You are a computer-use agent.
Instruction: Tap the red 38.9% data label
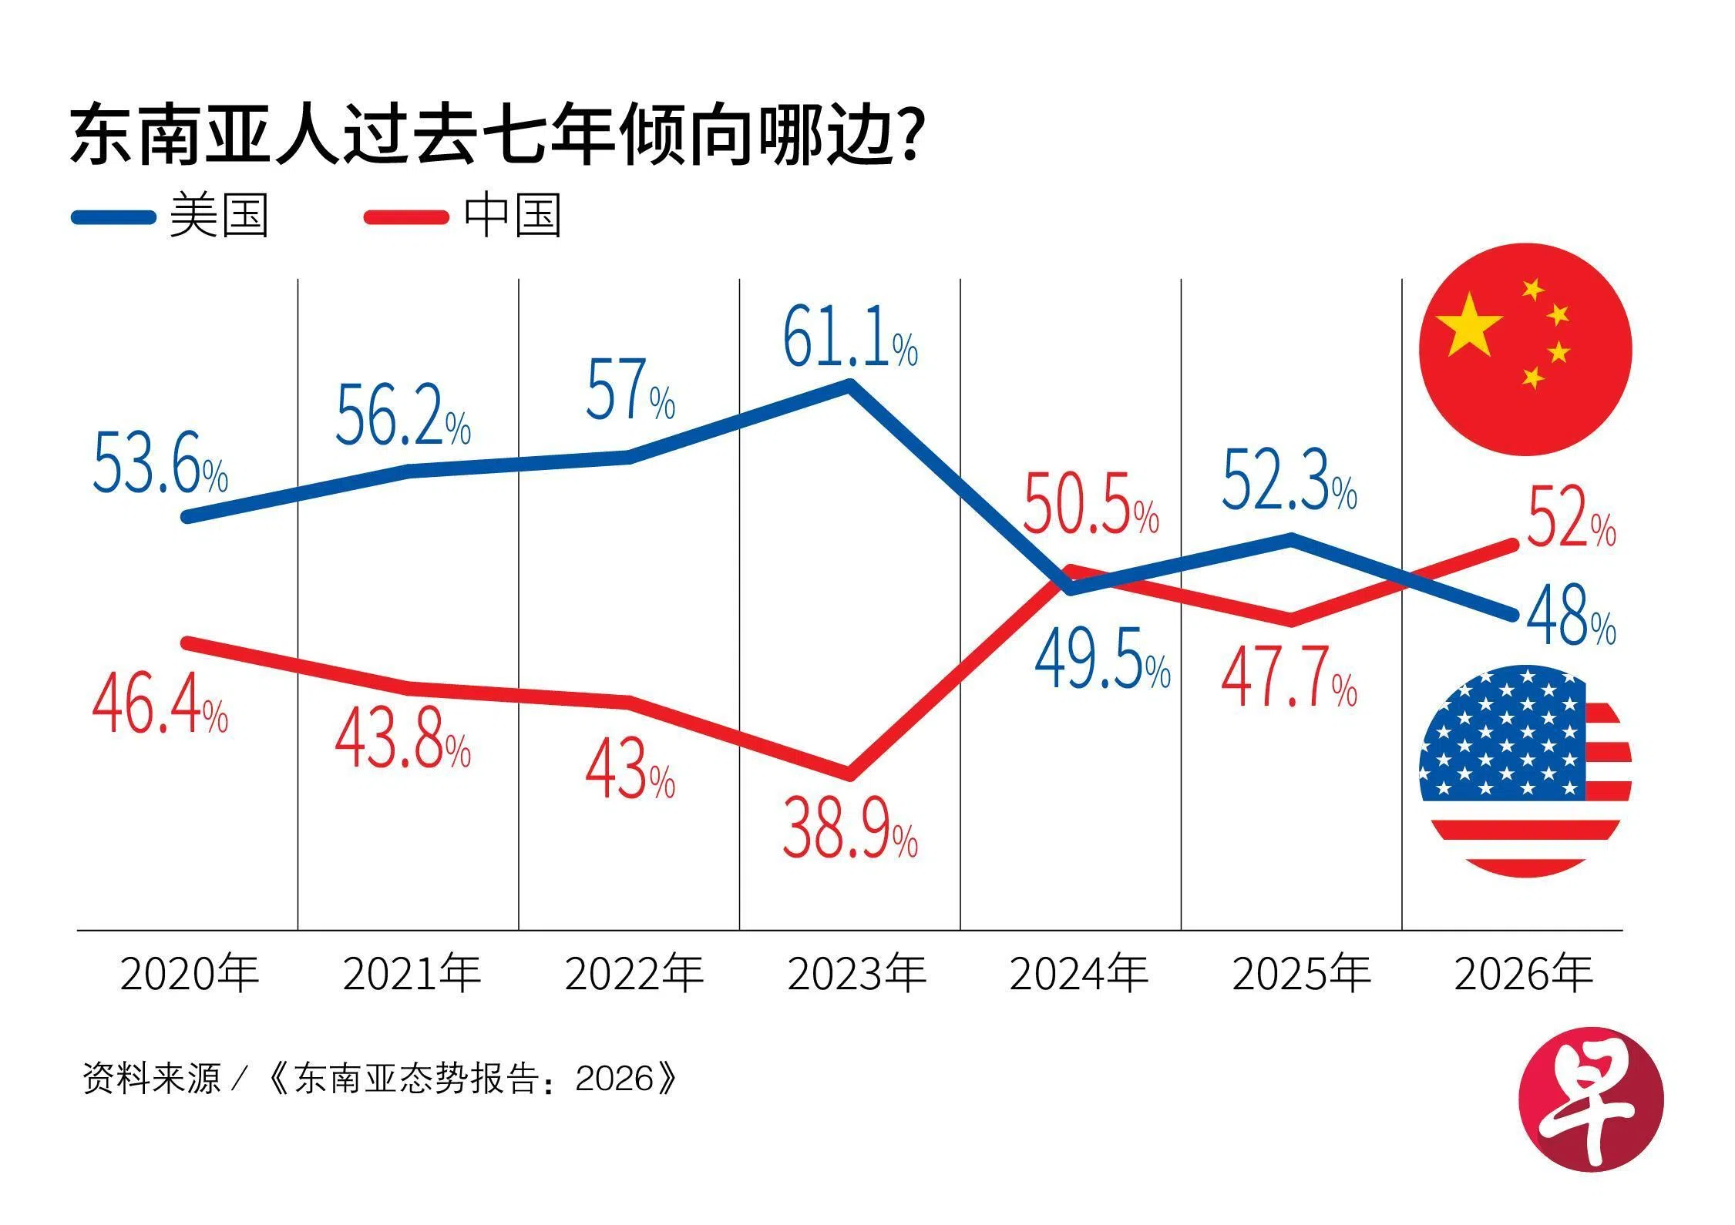(x=849, y=829)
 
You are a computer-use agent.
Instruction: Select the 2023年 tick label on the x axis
(x=856, y=974)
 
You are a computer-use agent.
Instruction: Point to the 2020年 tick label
(x=190, y=974)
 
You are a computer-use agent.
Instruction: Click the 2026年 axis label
(x=1523, y=974)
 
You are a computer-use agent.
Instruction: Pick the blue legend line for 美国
(x=113, y=217)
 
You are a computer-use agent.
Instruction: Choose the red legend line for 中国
(x=406, y=217)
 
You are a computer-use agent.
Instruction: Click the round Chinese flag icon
(x=1525, y=349)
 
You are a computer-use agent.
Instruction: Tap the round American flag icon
(x=1525, y=770)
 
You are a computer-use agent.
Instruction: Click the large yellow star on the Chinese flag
(x=1470, y=325)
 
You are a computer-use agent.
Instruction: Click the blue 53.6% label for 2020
(x=160, y=464)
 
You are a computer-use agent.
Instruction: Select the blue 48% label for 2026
(x=1569, y=616)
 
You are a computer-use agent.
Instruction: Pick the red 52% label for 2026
(x=1569, y=519)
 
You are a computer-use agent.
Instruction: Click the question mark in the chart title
(x=910, y=136)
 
